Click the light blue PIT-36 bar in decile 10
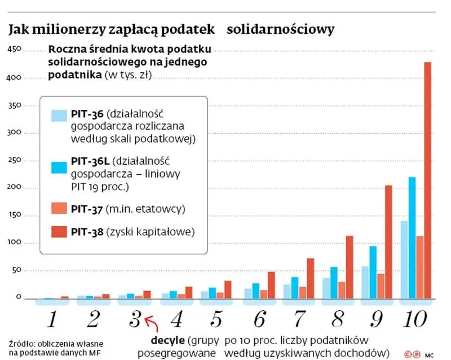click(x=404, y=259)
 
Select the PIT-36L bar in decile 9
click(x=373, y=271)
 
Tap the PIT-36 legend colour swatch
click(x=59, y=116)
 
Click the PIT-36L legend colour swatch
click(x=59, y=167)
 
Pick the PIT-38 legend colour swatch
click(x=59, y=231)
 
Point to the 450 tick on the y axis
click(x=14, y=50)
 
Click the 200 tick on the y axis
click(x=14, y=188)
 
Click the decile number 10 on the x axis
click(x=416, y=319)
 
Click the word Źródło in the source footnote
click(x=22, y=343)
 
